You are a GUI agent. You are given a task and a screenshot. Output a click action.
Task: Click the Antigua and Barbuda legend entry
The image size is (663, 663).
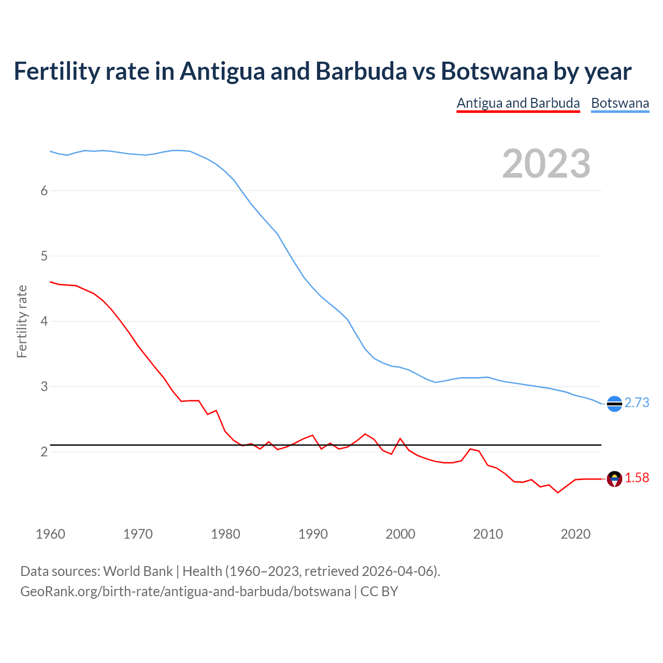(x=518, y=103)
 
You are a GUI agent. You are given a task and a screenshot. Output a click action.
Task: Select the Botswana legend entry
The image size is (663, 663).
(x=620, y=103)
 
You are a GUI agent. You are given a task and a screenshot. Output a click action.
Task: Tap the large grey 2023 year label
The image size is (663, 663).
(x=546, y=164)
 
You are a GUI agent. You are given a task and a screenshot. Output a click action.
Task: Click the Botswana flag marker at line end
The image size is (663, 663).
(x=614, y=403)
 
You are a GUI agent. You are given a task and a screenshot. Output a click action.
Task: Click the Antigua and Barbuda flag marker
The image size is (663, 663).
(x=614, y=479)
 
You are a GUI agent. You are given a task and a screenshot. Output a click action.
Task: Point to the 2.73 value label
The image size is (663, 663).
(x=637, y=403)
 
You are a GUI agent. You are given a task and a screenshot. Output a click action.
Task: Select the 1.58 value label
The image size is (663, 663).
(x=637, y=478)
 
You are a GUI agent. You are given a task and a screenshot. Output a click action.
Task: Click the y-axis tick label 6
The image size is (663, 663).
(x=44, y=191)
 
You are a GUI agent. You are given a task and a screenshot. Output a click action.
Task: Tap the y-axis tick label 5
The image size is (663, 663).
(x=44, y=256)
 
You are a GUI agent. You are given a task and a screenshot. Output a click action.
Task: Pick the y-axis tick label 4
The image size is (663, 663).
(x=44, y=321)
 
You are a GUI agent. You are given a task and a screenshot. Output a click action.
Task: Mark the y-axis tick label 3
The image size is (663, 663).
(x=44, y=386)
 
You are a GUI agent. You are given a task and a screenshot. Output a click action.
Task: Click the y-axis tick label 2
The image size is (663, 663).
(x=44, y=452)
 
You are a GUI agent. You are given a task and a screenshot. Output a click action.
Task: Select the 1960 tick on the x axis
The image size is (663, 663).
(x=50, y=534)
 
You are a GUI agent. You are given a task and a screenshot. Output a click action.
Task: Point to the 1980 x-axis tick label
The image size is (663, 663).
(x=225, y=534)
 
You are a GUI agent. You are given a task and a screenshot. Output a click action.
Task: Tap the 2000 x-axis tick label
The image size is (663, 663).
(x=400, y=534)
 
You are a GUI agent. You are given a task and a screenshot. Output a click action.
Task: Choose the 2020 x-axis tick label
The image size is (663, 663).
(x=575, y=534)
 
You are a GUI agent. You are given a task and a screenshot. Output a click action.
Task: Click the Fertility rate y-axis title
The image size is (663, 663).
(x=22, y=321)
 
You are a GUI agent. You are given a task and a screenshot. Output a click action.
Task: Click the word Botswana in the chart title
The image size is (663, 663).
(x=494, y=71)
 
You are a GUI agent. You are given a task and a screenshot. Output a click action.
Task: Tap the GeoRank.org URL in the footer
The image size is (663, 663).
(x=185, y=592)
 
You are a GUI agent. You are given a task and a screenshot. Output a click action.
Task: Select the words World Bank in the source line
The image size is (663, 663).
(x=138, y=571)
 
